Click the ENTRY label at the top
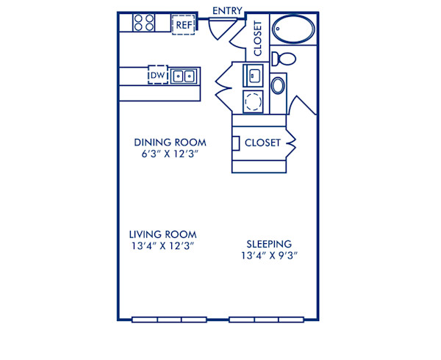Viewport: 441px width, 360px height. coord(228,10)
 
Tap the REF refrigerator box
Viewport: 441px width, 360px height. coord(183,24)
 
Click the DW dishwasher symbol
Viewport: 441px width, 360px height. coord(157,76)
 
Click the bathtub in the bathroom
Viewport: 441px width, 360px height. coord(293,32)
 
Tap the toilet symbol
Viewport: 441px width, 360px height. coord(283,59)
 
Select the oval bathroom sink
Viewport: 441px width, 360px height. coord(279,85)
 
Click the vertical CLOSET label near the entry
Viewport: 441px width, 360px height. coord(257,38)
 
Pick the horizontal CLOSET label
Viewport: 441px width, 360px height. coord(262,143)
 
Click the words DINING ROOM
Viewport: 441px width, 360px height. coord(170,142)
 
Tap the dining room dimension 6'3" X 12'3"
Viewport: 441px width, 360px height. coord(170,154)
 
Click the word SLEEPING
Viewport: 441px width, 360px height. coord(269,244)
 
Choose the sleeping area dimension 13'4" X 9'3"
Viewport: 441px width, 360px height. coord(269,256)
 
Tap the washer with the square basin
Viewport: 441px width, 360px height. coord(254,75)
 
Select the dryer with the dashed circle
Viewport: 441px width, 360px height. coord(254,101)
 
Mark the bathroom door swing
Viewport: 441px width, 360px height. coord(301,107)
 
